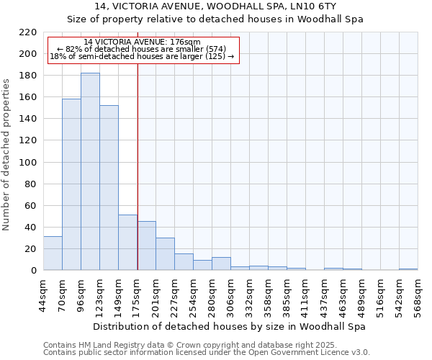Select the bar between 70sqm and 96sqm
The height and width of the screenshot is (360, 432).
[x=71, y=184]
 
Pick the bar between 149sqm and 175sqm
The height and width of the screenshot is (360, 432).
[x=127, y=242]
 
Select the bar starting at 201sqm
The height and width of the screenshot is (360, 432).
[x=165, y=253]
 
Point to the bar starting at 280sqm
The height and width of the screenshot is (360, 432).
[x=221, y=264]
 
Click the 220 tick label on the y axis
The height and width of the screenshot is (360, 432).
[x=28, y=32]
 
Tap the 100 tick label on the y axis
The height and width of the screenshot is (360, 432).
[x=28, y=163]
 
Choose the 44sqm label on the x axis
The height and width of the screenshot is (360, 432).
[x=43, y=294]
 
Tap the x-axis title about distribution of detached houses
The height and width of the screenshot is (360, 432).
[x=230, y=326]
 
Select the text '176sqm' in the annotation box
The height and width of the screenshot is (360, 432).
[x=187, y=42]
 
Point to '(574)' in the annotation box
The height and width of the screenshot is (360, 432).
[x=213, y=49]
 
